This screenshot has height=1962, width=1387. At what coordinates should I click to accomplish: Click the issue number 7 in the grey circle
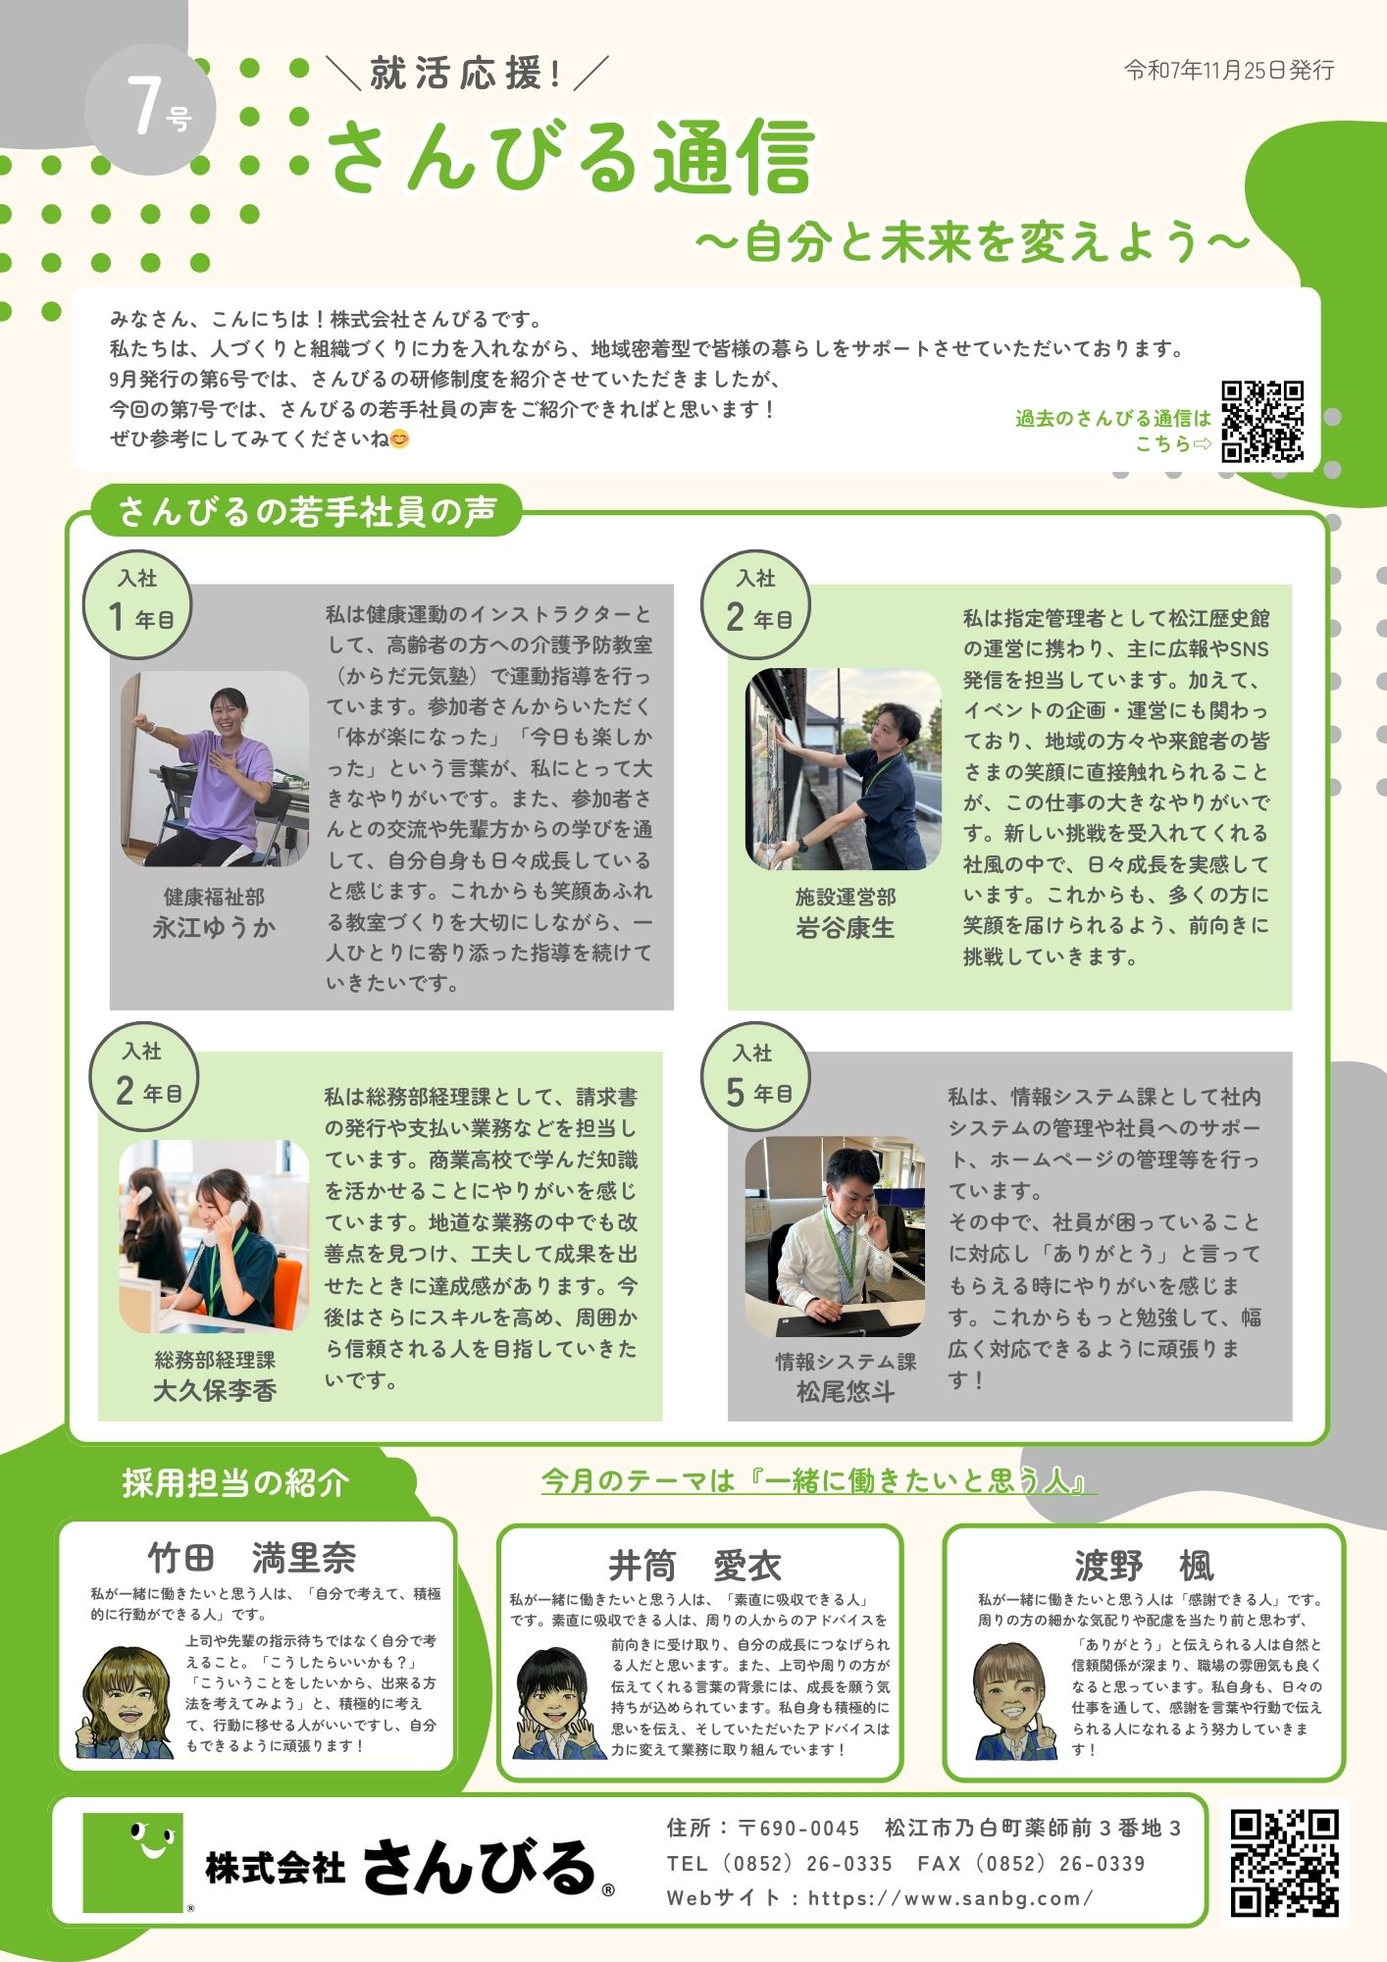(143, 105)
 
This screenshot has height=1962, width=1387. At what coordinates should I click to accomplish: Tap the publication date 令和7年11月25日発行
(1228, 70)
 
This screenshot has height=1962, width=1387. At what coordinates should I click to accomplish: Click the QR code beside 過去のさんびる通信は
(1262, 421)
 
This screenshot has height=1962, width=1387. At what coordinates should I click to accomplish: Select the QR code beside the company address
(1284, 1862)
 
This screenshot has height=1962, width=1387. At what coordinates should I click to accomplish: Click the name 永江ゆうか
(214, 927)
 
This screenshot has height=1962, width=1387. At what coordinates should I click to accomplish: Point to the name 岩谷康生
(845, 927)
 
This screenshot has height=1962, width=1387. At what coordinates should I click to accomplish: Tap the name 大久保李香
(214, 1390)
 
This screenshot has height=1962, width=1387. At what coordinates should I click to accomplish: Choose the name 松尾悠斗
(845, 1391)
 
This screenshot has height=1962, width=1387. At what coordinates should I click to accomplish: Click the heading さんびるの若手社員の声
(307, 511)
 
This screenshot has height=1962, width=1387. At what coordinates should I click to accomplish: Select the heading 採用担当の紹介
(235, 1482)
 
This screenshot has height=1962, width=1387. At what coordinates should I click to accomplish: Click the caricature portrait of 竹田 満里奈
(126, 1702)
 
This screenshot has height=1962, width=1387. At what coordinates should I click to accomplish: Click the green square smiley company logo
(134, 1862)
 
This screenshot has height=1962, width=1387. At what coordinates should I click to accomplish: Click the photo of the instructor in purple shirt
(214, 769)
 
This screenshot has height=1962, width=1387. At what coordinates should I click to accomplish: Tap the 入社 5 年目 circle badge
(755, 1076)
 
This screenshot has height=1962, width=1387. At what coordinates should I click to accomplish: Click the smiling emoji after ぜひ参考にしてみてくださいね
(399, 439)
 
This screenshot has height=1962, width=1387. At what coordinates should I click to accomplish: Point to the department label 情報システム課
(845, 1362)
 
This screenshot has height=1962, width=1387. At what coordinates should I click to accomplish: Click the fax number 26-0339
(1102, 1863)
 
